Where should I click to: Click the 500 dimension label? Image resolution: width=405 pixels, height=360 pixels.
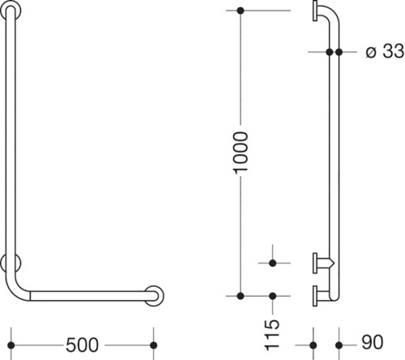click(83, 345)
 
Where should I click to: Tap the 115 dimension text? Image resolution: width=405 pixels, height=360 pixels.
click(272, 335)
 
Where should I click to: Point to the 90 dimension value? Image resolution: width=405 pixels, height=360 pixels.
click(373, 342)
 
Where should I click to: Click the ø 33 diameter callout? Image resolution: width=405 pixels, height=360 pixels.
click(385, 51)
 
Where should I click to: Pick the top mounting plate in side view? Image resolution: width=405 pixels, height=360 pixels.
click(315, 11)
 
